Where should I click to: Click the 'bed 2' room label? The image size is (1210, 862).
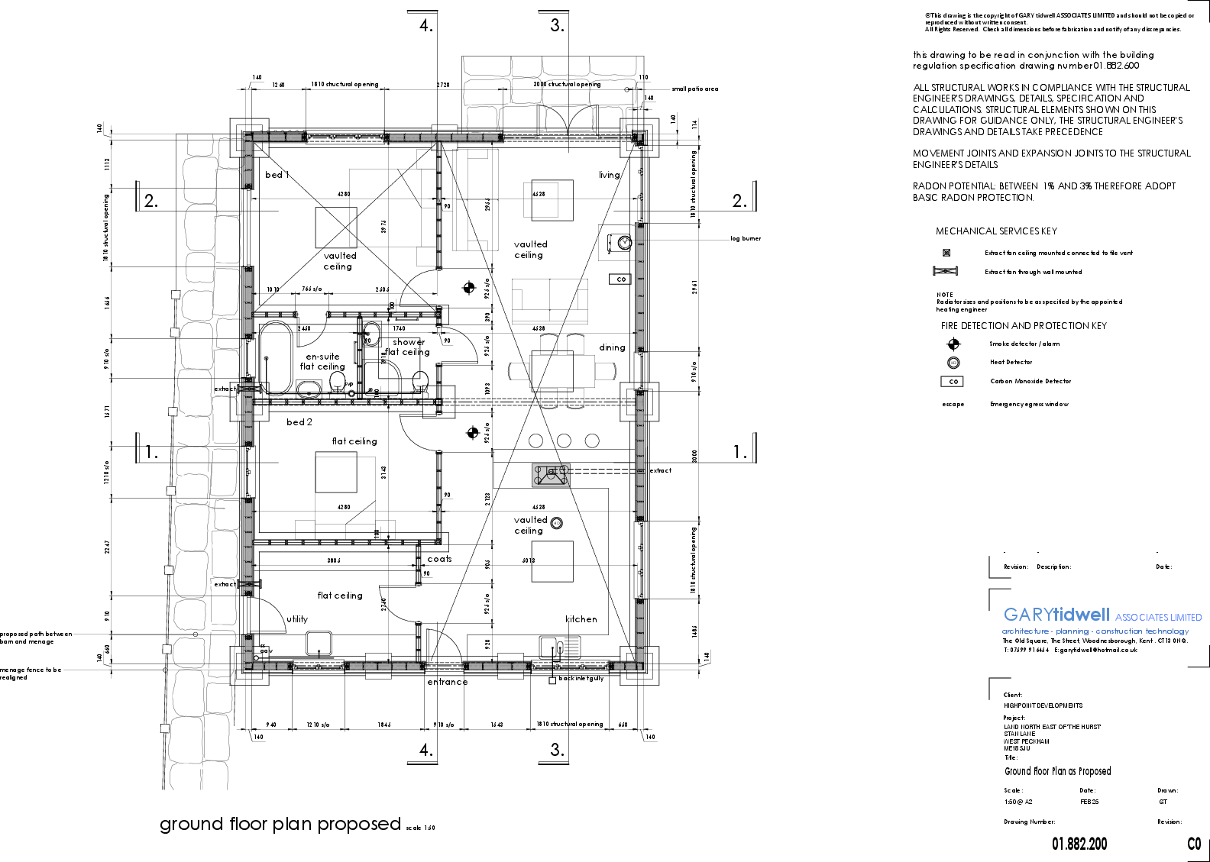(x=299, y=422)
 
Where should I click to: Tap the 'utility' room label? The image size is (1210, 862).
(x=297, y=619)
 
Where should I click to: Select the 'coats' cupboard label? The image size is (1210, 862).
(x=439, y=560)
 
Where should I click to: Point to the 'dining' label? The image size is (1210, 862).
(x=612, y=347)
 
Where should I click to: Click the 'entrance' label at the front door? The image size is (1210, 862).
(x=448, y=682)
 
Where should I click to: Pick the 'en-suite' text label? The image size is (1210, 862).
(x=322, y=357)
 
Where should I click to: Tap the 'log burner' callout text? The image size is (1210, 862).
(x=746, y=239)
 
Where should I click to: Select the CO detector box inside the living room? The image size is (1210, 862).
(x=620, y=279)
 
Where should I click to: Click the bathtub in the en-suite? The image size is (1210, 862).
(x=276, y=357)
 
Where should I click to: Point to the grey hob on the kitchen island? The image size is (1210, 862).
(x=551, y=475)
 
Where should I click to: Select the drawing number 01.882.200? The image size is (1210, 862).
(x=1079, y=844)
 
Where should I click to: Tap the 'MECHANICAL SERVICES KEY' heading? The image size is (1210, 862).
(x=996, y=231)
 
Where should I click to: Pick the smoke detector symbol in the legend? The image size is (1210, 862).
(x=953, y=344)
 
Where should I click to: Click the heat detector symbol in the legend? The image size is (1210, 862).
(x=953, y=363)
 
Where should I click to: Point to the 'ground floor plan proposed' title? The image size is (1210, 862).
(x=280, y=825)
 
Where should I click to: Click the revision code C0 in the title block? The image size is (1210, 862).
(x=1194, y=844)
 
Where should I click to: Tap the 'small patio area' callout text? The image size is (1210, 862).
(x=694, y=89)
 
